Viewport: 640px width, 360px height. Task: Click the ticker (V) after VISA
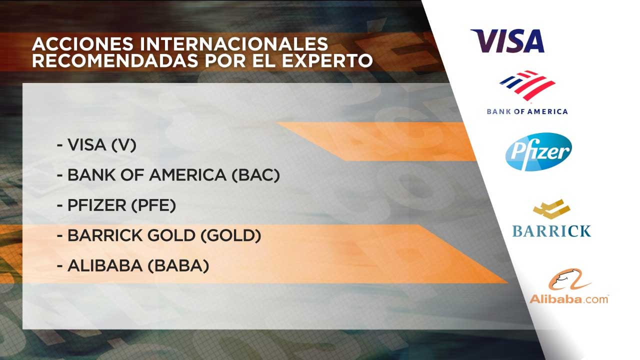tap(123, 145)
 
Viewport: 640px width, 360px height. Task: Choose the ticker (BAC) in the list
tap(255, 175)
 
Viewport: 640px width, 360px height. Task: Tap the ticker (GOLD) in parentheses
tap(231, 235)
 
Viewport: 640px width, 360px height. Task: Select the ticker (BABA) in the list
tap(178, 265)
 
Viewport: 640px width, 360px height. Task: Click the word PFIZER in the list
tap(96, 205)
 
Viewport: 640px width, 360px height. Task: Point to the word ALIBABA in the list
tap(105, 265)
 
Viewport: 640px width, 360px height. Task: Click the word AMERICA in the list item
tap(187, 175)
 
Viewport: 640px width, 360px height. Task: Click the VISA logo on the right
tap(507, 41)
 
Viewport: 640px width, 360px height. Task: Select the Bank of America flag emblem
tap(527, 85)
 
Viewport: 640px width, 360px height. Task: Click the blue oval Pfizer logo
tap(538, 151)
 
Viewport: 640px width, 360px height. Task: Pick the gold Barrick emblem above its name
tap(551, 209)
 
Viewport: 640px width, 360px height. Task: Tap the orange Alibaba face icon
tap(569, 279)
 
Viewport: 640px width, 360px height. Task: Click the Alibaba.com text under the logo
tap(569, 299)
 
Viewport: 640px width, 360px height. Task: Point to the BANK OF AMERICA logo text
tap(527, 111)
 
